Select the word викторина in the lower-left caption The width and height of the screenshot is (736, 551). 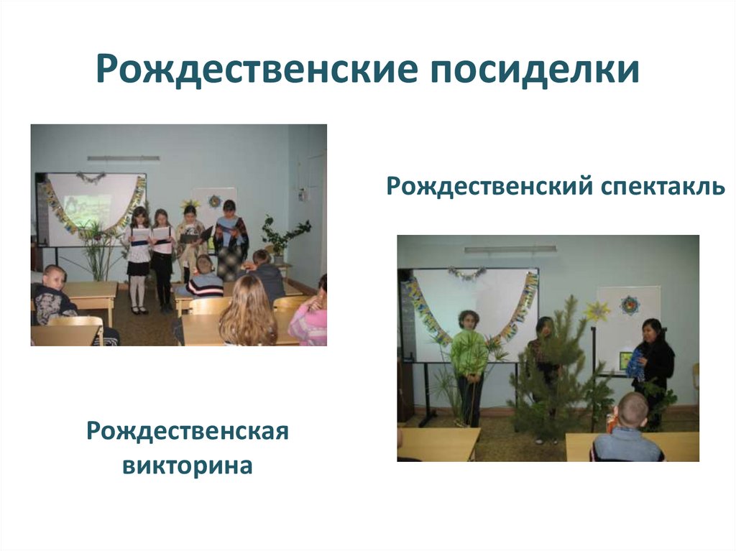[188, 465]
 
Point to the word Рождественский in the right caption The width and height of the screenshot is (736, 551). [487, 187]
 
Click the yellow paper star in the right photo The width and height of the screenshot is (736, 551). [596, 311]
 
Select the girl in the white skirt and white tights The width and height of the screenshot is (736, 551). [138, 259]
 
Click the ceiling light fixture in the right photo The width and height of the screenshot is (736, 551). [510, 249]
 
